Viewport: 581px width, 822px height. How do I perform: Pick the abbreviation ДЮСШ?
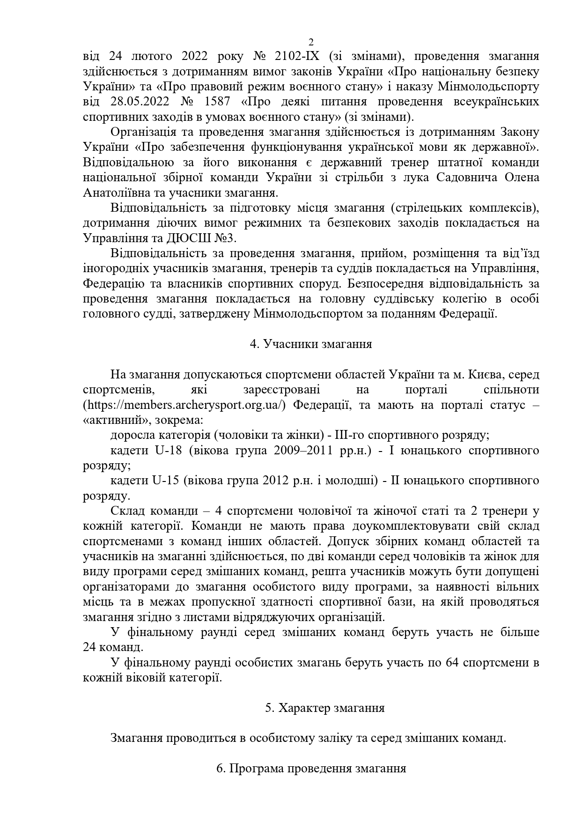pos(192,238)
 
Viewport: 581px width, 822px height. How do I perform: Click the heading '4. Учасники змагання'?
pos(311,344)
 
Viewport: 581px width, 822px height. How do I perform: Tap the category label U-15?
pos(166,481)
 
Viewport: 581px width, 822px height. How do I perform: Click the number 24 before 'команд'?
pos(90,647)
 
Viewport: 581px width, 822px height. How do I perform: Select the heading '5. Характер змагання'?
pos(325,708)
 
